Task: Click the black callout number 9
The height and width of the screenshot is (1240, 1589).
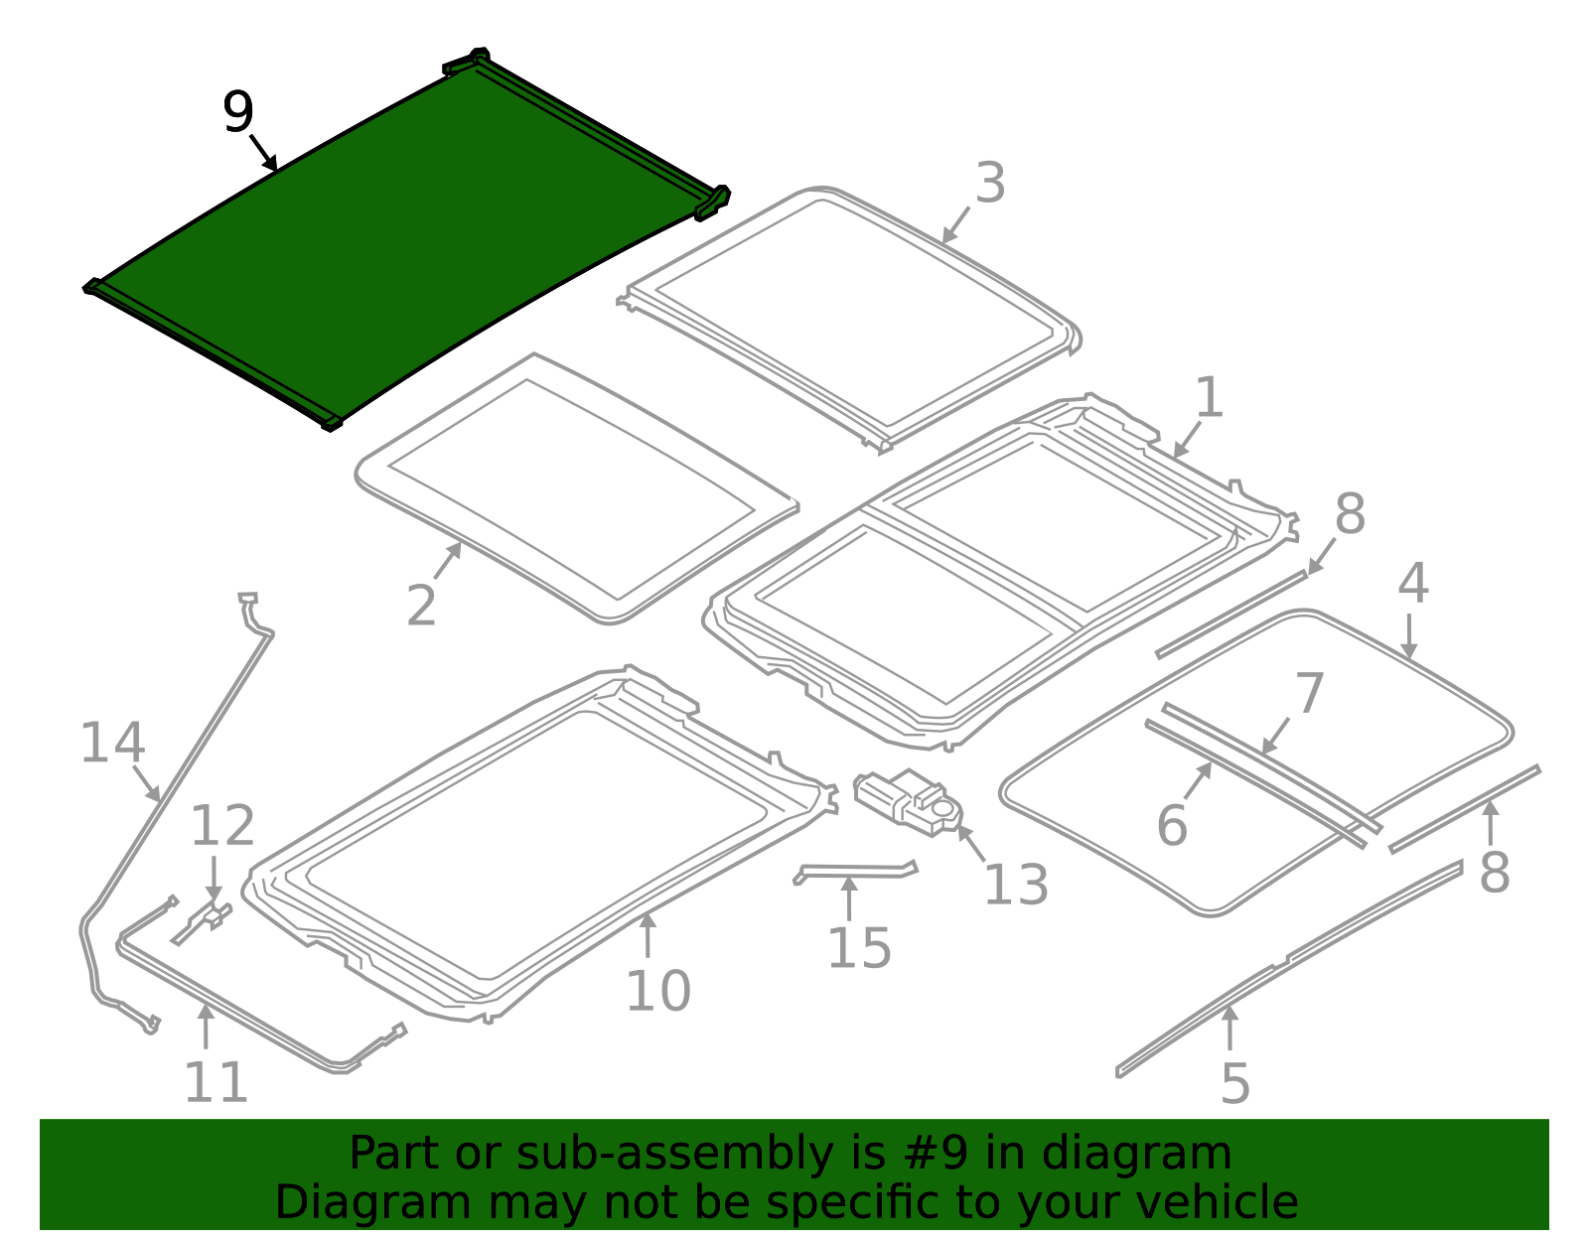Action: [238, 112]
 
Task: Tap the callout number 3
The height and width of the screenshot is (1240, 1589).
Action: [990, 184]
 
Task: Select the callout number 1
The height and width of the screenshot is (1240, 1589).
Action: [1209, 398]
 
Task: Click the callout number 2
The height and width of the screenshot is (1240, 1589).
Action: [421, 606]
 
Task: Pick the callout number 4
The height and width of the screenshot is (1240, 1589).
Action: [1412, 584]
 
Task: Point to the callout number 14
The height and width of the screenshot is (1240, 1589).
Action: [112, 744]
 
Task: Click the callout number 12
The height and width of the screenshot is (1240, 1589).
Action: [222, 826]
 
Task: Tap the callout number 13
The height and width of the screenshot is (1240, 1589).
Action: [1015, 886]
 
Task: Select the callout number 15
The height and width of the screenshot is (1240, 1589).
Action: [859, 948]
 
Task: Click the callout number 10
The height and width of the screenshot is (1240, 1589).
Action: [657, 991]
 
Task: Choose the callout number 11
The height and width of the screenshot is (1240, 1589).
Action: [216, 1082]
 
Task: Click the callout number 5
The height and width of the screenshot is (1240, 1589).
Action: [1234, 1083]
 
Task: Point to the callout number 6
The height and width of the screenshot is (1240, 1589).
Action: [1172, 826]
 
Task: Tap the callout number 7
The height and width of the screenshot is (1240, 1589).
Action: [1310, 693]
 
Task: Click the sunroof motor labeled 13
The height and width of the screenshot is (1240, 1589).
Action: [906, 799]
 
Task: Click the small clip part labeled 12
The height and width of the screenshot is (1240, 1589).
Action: [204, 920]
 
